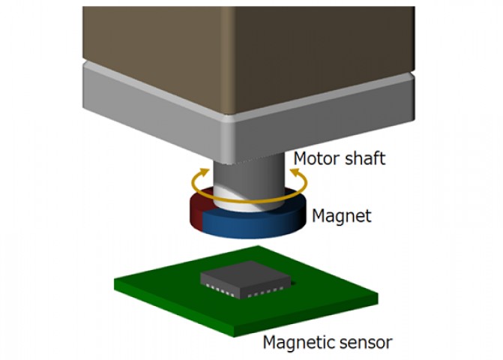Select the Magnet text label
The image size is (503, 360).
[x=342, y=215]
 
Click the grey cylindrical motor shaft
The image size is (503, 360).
[x=249, y=183]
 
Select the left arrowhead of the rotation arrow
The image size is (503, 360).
[x=203, y=172]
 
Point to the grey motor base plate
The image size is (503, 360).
[x=249, y=118]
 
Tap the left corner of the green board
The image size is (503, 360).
[x=115, y=280]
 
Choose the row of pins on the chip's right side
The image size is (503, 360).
[x=265, y=291]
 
